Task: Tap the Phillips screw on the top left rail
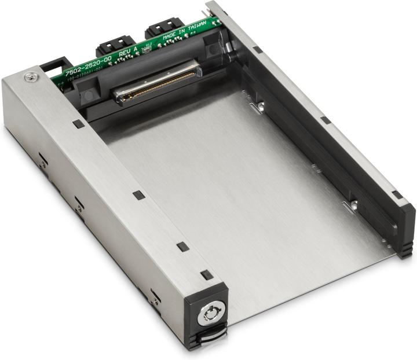pos(28,76)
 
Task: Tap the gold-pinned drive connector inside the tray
pos(156,85)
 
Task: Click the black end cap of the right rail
pos(405,229)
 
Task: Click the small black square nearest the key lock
pos(206,275)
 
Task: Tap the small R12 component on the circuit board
pos(148,45)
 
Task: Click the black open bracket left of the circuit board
pos(55,64)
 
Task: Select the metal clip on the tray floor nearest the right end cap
pos(350,205)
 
